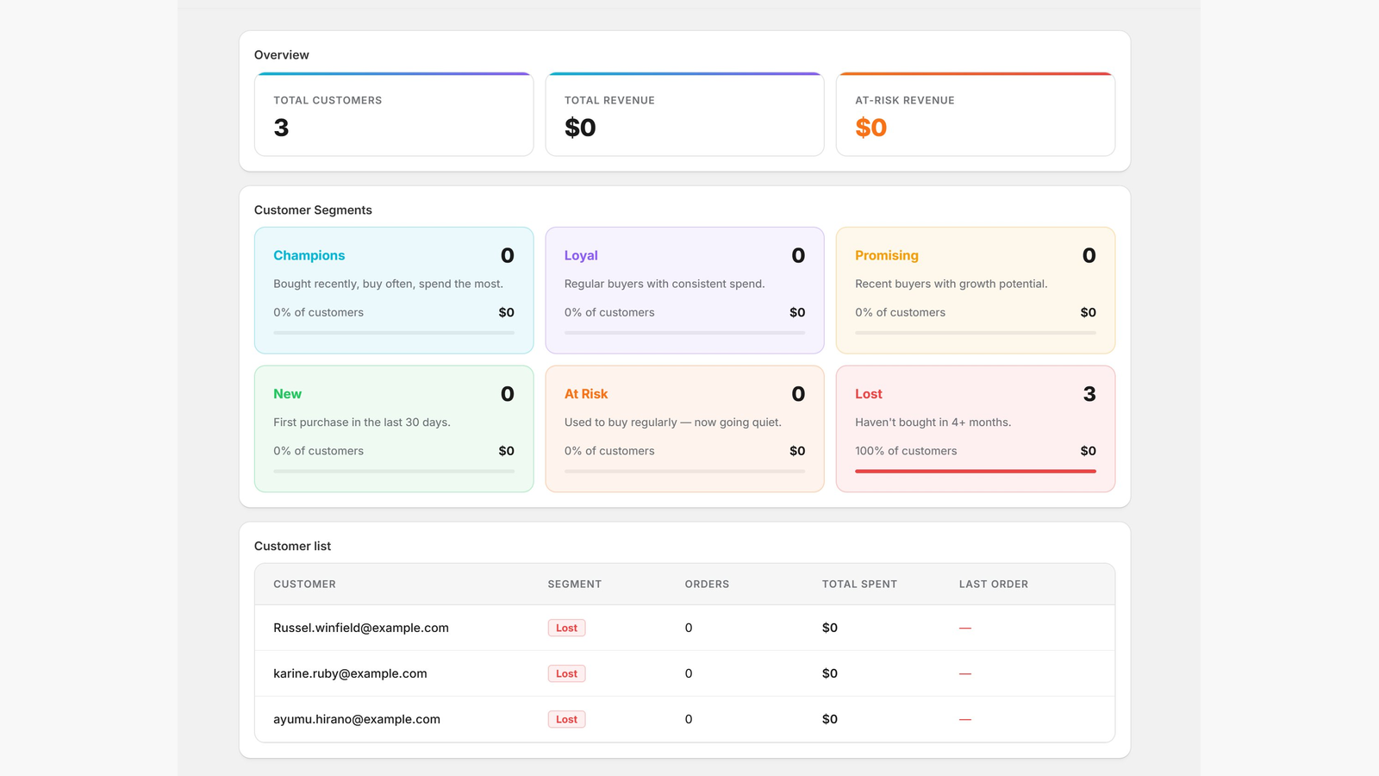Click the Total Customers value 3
pyautogui.click(x=281, y=128)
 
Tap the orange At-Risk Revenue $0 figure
pyautogui.click(x=870, y=128)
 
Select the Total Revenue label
pyautogui.click(x=609, y=100)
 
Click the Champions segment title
pyautogui.click(x=309, y=255)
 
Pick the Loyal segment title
pyautogui.click(x=581, y=255)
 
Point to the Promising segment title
pyautogui.click(x=887, y=255)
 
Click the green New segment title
pyautogui.click(x=288, y=393)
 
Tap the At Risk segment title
pyautogui.click(x=585, y=393)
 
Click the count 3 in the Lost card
pyautogui.click(x=1089, y=393)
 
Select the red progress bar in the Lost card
pyautogui.click(x=975, y=471)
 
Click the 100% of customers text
pyautogui.click(x=906, y=451)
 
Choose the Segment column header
pyautogui.click(x=574, y=584)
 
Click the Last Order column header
pyautogui.click(x=993, y=584)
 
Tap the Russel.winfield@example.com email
pyautogui.click(x=361, y=628)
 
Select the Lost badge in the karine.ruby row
pyautogui.click(x=566, y=673)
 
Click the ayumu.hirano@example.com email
pyautogui.click(x=357, y=719)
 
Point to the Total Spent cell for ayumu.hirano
pyautogui.click(x=829, y=719)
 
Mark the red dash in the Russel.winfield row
pyautogui.click(x=964, y=629)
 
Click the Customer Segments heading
pyautogui.click(x=313, y=210)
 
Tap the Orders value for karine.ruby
pyautogui.click(x=689, y=673)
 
